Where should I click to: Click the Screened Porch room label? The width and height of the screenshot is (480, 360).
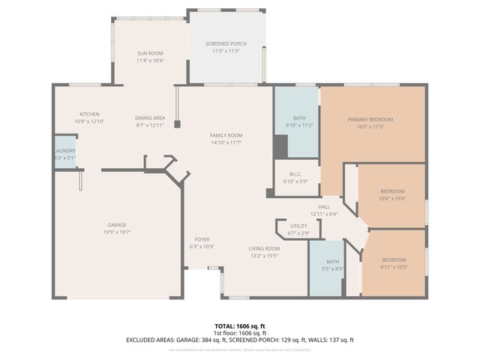coord(226,44)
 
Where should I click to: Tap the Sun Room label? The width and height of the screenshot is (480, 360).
coord(150,54)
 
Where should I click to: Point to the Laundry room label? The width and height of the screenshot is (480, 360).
coord(64,151)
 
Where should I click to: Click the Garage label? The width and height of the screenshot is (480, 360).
coord(116,225)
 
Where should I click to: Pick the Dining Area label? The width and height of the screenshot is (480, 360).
coord(150,118)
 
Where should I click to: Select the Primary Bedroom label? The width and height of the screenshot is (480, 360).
coord(370,119)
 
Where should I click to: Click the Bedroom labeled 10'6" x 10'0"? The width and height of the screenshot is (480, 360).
coord(393,191)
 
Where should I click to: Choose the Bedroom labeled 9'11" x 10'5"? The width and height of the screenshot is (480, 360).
coord(394,260)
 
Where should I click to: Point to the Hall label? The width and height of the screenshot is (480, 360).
coord(324,207)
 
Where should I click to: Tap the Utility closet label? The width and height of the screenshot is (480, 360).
coord(299,226)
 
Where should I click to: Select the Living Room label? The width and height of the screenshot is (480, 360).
coord(264,248)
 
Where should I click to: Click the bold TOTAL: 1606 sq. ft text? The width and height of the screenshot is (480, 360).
coord(240,325)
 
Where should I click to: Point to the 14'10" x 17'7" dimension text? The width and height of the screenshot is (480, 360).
coord(226,142)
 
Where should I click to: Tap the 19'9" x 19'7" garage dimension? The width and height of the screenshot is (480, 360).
coord(116,232)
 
